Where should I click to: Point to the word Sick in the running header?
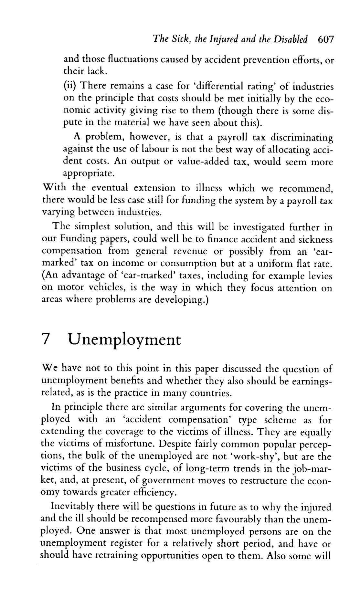pos(170,39)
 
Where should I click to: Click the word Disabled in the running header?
pos(294,39)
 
